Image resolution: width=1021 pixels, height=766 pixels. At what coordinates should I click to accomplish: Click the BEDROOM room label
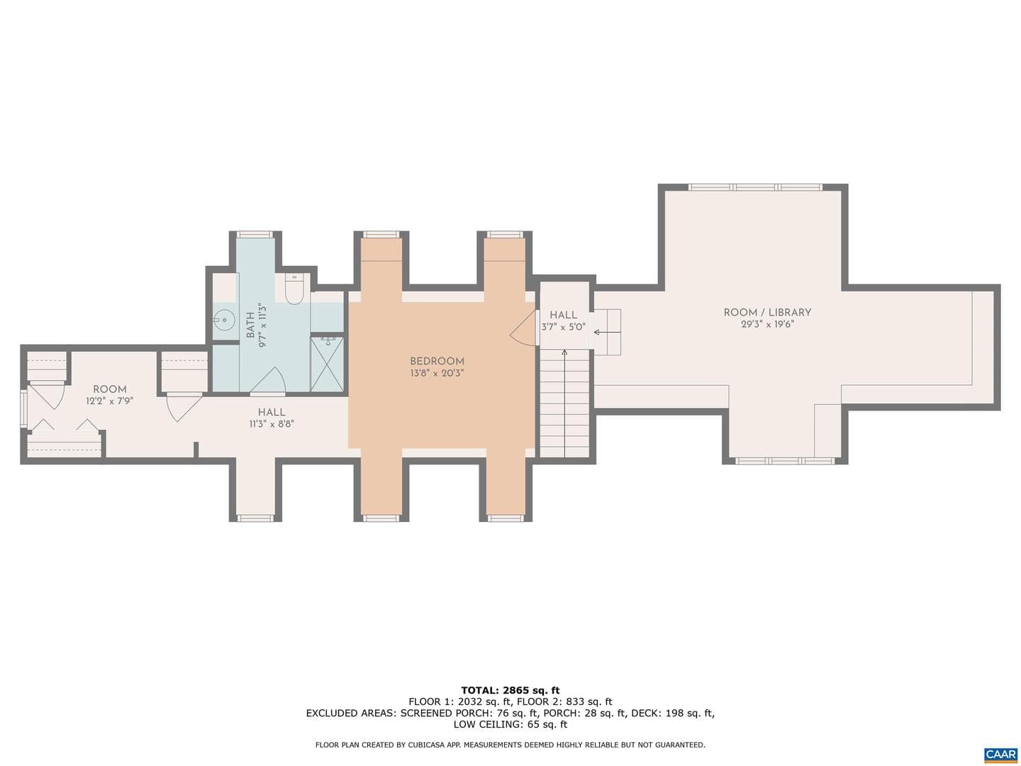(x=437, y=361)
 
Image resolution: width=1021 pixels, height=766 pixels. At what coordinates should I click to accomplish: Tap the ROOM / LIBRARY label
(x=767, y=313)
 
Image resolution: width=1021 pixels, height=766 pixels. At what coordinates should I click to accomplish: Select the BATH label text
(x=251, y=325)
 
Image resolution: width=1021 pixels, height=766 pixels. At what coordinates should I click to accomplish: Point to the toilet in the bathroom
(x=294, y=289)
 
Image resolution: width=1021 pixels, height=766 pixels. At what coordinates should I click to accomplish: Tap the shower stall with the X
(x=327, y=364)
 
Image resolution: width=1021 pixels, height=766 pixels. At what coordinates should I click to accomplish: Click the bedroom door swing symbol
(x=523, y=328)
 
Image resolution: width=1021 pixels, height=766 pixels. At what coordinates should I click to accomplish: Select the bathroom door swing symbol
(x=269, y=379)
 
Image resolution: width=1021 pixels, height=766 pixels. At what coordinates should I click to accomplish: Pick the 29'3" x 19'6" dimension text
(x=767, y=324)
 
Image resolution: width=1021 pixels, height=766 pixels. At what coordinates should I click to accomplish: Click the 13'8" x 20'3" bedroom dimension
(x=437, y=373)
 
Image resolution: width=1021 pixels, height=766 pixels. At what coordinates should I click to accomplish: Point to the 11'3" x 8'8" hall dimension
(x=272, y=423)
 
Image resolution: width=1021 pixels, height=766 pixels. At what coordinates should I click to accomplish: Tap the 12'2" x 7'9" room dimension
(x=110, y=401)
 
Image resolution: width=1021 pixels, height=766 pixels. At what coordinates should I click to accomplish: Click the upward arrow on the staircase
(x=564, y=403)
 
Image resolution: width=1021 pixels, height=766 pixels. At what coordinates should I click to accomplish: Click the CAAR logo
(x=1001, y=753)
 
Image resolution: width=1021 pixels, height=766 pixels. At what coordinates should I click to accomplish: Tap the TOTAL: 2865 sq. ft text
(x=510, y=690)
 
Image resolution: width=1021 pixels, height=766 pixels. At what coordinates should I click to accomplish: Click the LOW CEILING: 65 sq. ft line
(x=510, y=724)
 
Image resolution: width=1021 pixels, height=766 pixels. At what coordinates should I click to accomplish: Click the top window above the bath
(x=255, y=234)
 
